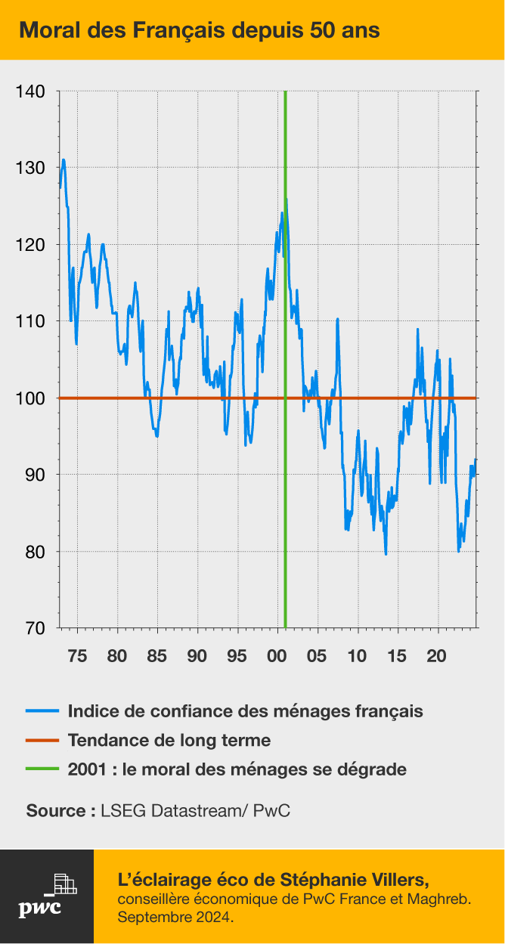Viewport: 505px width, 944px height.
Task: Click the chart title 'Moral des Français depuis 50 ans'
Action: [200, 30]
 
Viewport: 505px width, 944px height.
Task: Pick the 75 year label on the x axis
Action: [77, 655]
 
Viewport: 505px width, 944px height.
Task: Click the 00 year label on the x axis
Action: [277, 655]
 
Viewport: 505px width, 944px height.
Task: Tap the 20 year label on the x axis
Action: [438, 655]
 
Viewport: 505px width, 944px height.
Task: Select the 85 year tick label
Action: [157, 655]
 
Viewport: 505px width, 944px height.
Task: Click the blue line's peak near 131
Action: [64, 159]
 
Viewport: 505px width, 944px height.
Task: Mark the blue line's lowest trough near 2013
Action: [386, 554]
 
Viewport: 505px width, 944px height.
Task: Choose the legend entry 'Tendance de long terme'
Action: [169, 740]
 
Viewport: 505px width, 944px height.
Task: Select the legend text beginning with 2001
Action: [237, 769]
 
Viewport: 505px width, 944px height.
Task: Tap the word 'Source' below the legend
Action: [56, 811]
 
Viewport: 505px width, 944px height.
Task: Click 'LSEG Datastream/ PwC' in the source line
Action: [195, 811]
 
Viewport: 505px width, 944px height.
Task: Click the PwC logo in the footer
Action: [46, 896]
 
